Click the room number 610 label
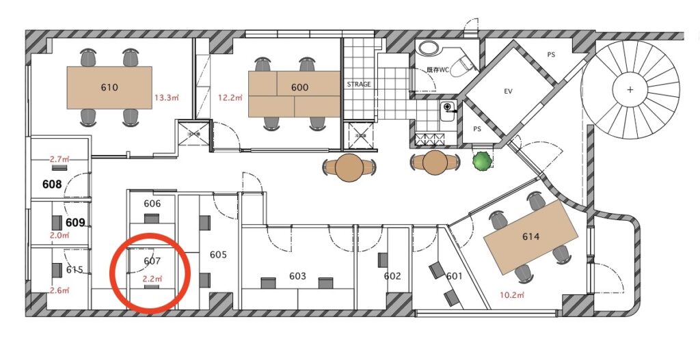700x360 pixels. coord(109,87)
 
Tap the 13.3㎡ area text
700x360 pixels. coord(167,98)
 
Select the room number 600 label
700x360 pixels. coord(299,87)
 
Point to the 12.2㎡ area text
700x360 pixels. coord(230,98)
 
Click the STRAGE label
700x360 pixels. coord(359,84)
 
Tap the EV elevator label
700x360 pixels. coord(508,92)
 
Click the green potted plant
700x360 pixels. coord(483,161)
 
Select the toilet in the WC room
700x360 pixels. coord(463,65)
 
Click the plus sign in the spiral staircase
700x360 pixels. coord(630,89)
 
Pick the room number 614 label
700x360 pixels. coord(530,236)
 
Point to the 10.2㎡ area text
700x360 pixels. coord(512,295)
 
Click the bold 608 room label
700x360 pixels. coord(52,184)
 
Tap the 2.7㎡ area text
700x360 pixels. coord(60,158)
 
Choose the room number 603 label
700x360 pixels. coord(297,276)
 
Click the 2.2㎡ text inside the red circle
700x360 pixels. coord(152,279)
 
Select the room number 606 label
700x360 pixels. coord(152,204)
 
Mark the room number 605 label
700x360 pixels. coord(218,255)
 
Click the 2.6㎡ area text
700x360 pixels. coord(60,290)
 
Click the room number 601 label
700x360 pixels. coord(455,277)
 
